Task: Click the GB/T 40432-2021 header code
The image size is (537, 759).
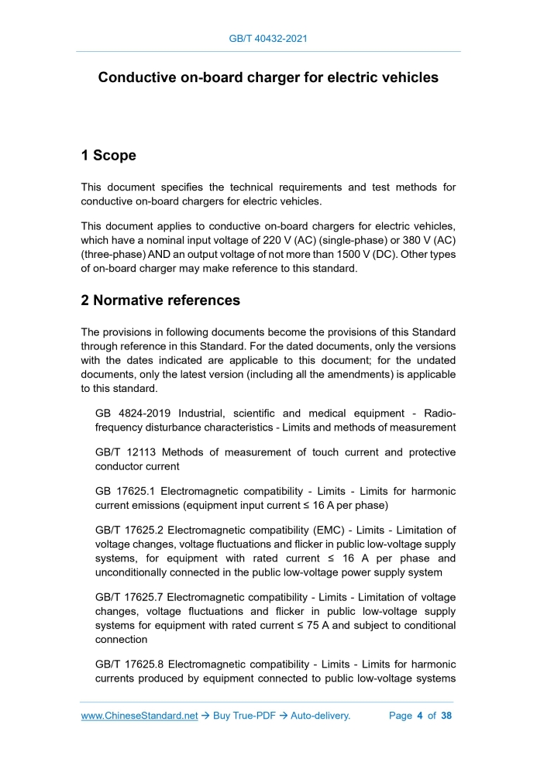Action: point(268,38)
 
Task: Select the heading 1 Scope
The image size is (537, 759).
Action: point(108,156)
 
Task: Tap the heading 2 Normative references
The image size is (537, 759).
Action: point(160,300)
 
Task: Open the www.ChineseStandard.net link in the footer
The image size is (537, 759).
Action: point(139,716)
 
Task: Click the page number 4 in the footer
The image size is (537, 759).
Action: point(419,716)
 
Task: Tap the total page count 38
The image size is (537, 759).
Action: point(446,716)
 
